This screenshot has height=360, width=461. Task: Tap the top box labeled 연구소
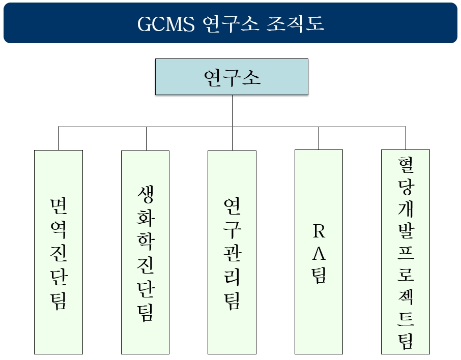point(232,77)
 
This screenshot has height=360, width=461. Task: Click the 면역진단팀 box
point(59,252)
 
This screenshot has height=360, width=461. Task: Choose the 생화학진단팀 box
point(145,252)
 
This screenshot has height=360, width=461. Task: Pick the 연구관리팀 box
point(232,252)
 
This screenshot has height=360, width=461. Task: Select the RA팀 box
point(319,252)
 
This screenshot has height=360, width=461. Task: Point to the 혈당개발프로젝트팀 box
point(406,252)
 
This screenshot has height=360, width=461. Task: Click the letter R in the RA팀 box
point(319,232)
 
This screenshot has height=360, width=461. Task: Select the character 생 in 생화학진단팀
point(145,195)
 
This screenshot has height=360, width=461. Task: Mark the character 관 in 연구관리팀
point(232,253)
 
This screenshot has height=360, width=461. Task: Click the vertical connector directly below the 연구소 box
point(232,110)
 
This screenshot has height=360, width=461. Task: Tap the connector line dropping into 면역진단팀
point(59,138)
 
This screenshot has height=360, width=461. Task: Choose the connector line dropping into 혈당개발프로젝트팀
point(406,138)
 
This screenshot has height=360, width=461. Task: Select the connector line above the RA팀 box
point(319,138)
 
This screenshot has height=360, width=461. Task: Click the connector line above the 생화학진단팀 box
point(146,138)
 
